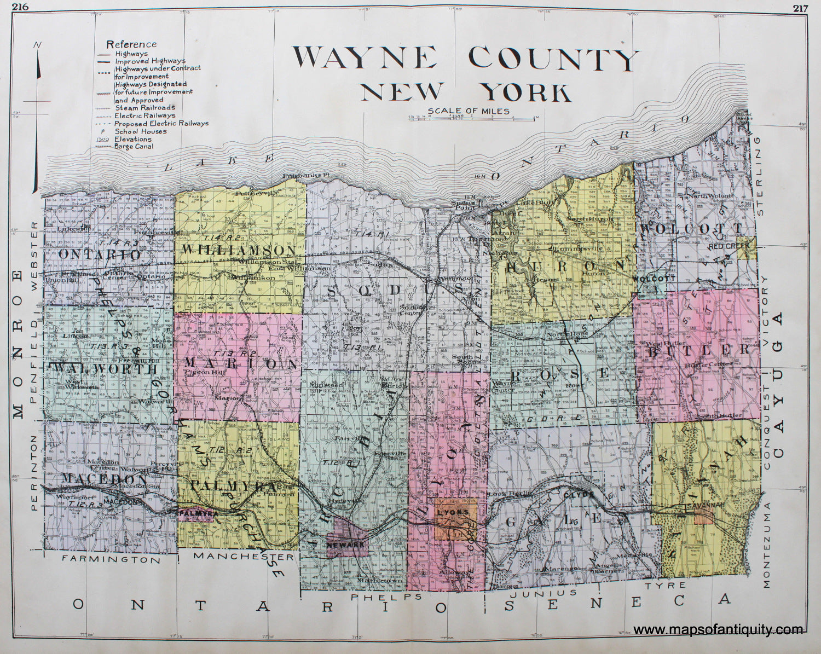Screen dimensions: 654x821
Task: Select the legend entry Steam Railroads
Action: click(145, 108)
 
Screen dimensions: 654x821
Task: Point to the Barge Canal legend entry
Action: click(134, 147)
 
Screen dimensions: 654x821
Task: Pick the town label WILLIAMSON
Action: click(240, 250)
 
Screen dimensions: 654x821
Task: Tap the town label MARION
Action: click(241, 363)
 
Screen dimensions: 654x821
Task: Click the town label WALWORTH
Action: click(103, 369)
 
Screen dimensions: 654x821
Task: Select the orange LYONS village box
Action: click(454, 518)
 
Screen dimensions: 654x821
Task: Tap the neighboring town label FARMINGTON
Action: click(111, 560)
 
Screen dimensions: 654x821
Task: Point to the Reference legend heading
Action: click(131, 44)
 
